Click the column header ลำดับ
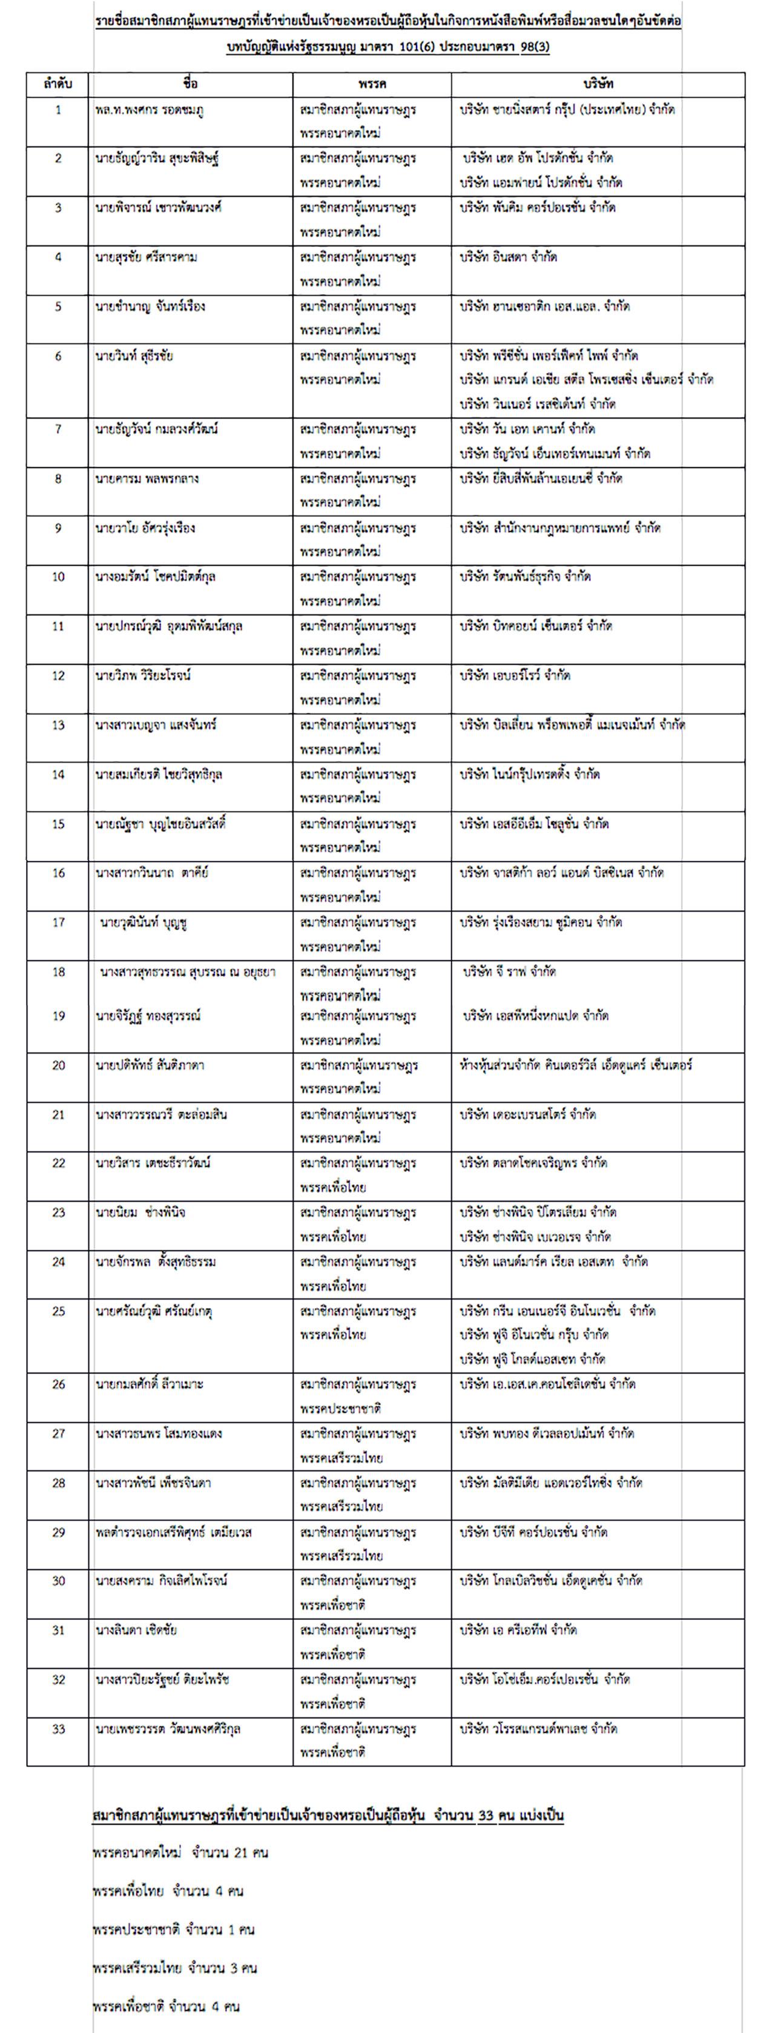(58, 84)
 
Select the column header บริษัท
(598, 84)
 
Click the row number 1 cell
(58, 110)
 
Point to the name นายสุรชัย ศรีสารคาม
(146, 257)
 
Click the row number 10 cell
(58, 577)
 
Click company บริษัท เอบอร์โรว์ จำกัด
(516, 676)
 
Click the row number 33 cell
(58, 1729)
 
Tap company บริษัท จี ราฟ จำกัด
(509, 971)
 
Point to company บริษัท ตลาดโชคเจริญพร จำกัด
(534, 1163)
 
